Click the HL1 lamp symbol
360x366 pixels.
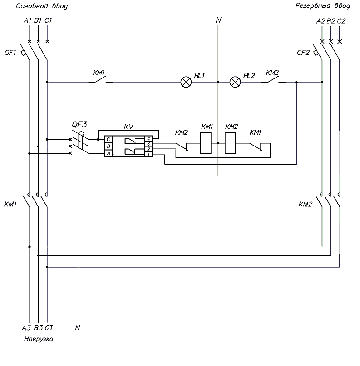[x=186, y=82]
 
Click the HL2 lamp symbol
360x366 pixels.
[x=235, y=82]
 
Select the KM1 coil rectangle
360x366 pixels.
[x=206, y=143]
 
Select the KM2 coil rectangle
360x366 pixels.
[x=230, y=143]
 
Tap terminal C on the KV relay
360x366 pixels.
[x=108, y=139]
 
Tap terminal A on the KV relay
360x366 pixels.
[x=108, y=154]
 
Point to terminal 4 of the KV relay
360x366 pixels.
[x=148, y=139]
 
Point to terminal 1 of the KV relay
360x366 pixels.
[x=148, y=154]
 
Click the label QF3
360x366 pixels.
[x=79, y=124]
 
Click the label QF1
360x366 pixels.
[x=10, y=53]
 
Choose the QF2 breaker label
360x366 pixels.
[x=303, y=53]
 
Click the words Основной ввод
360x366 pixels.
[x=42, y=6]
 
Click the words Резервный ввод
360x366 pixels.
[x=323, y=6]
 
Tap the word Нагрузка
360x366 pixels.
[x=39, y=339]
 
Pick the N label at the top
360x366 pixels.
[x=218, y=20]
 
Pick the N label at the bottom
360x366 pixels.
[x=78, y=328]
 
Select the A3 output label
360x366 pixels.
[x=26, y=328]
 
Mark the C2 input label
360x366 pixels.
[x=341, y=21]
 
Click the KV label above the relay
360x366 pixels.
[x=128, y=127]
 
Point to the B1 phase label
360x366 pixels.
[x=38, y=20]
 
